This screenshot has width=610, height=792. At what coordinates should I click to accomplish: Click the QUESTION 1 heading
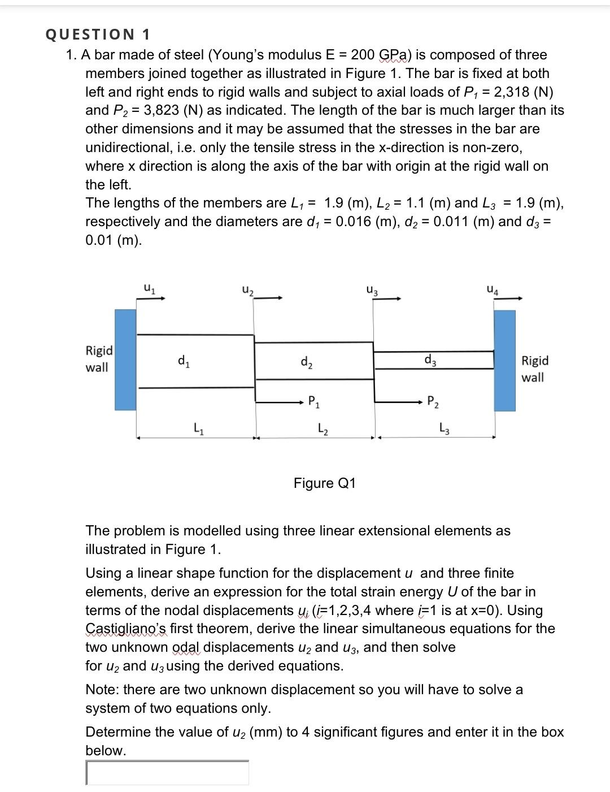click(98, 34)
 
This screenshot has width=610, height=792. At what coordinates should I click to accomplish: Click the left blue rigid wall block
click(126, 360)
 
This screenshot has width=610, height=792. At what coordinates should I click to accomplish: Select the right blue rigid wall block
click(505, 361)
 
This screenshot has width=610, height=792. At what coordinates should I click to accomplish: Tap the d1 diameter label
click(184, 360)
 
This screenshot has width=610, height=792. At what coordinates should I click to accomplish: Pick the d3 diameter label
click(430, 359)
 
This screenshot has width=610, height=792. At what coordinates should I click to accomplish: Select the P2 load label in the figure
click(433, 403)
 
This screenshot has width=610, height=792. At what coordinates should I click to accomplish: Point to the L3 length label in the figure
click(445, 428)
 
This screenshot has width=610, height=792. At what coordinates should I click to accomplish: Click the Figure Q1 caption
click(325, 483)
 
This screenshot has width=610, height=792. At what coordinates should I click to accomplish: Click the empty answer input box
click(167, 773)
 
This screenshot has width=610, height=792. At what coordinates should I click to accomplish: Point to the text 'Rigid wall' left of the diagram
click(99, 359)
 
